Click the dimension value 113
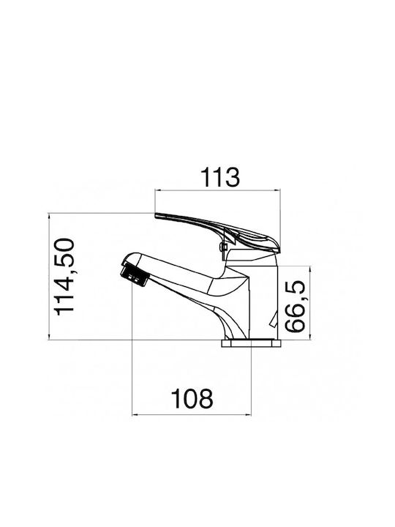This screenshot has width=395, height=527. point(220,177)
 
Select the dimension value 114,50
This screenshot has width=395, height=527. point(64,277)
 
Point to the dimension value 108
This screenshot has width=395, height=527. point(192,399)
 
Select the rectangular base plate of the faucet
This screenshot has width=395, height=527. point(251,343)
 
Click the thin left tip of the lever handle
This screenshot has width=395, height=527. point(157,215)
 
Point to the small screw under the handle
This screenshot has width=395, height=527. point(222,247)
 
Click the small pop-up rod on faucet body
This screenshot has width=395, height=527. point(273,319)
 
